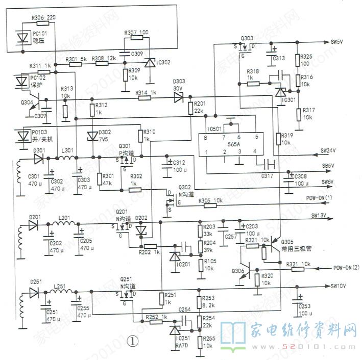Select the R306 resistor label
tap(38, 17)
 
